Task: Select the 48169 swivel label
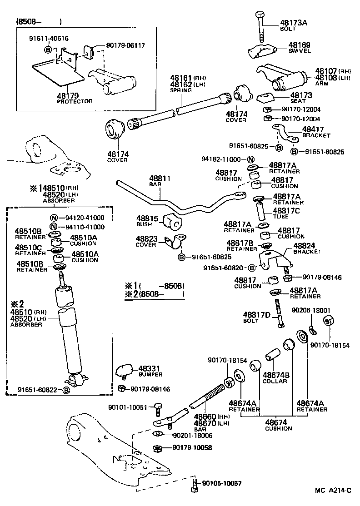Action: (x=300, y=45)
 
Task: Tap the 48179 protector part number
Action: (x=68, y=95)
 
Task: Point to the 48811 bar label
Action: (x=160, y=179)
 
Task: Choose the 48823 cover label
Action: (x=146, y=238)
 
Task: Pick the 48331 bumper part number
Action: (x=150, y=368)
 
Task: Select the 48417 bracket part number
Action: (x=313, y=129)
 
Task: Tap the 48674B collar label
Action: (x=275, y=375)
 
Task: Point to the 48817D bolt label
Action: (x=257, y=314)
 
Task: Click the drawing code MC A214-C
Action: (x=333, y=490)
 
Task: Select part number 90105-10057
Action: (x=222, y=483)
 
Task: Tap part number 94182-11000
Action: (x=221, y=159)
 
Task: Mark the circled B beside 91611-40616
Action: (x=48, y=49)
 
